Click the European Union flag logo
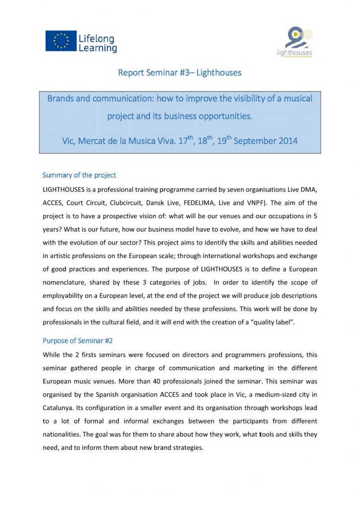point(61,41)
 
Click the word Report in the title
point(130,73)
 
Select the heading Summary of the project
point(79,175)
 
